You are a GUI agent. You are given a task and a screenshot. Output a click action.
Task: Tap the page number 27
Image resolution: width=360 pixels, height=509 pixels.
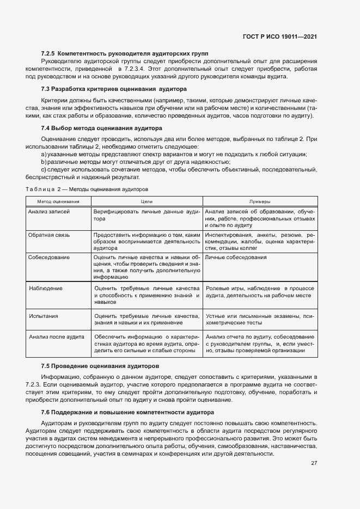pyautogui.click(x=314, y=463)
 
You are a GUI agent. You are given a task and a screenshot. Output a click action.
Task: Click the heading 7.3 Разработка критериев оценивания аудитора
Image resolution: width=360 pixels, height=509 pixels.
pyautogui.click(x=114, y=89)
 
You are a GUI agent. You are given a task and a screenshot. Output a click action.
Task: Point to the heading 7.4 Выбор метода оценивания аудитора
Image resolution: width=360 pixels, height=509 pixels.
pyautogui.click(x=101, y=129)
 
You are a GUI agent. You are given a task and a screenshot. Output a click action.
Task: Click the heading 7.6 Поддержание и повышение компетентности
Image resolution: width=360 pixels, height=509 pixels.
pyautogui.click(x=127, y=412)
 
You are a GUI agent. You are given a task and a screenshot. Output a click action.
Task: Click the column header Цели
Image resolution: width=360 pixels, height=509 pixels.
pyautogui.click(x=147, y=201)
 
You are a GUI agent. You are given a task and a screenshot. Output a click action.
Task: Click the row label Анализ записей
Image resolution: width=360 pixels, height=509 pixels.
pyautogui.click(x=49, y=211)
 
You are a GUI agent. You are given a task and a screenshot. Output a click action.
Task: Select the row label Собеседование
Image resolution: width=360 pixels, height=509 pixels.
pyautogui.click(x=49, y=257)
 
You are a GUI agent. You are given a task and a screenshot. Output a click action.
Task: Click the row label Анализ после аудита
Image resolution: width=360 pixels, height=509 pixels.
pyautogui.click(x=57, y=337)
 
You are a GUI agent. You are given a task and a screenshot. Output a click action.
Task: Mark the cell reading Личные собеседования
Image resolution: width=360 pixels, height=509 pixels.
pyautogui.click(x=236, y=257)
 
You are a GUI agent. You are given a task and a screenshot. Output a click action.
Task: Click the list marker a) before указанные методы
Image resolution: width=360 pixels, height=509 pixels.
pyautogui.click(x=43, y=155)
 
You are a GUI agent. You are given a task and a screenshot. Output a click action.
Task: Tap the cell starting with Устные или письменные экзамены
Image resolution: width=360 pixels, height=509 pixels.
pyautogui.click(x=259, y=319)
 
